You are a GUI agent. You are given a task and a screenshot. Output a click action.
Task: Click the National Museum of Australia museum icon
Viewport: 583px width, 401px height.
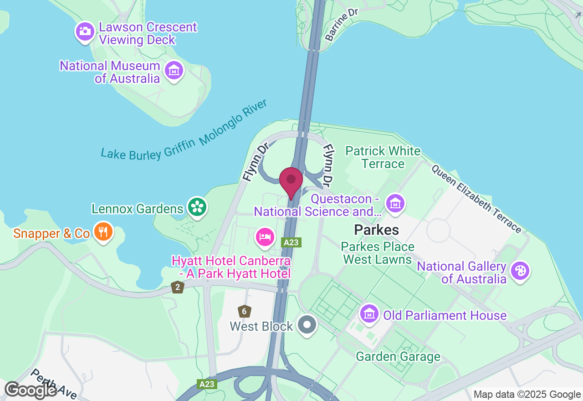click(174, 71)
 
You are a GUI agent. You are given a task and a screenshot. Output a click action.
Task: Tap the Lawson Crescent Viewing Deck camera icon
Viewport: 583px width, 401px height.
click(85, 31)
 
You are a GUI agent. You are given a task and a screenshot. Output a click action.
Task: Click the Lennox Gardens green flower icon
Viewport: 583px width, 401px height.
click(197, 207)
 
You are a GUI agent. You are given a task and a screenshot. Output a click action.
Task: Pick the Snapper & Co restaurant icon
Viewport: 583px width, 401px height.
click(103, 232)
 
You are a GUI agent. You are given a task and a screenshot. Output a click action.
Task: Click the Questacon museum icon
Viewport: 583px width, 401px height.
click(395, 203)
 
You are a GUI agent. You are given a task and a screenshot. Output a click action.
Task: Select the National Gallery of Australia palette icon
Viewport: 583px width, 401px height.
click(520, 271)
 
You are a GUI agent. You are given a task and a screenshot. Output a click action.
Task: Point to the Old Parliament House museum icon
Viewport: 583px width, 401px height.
click(369, 314)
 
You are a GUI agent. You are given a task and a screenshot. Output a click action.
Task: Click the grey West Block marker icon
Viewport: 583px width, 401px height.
click(307, 325)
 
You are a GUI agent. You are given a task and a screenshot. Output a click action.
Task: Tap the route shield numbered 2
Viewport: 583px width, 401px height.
click(177, 287)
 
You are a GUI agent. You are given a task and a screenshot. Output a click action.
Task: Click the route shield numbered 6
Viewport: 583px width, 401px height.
click(245, 312)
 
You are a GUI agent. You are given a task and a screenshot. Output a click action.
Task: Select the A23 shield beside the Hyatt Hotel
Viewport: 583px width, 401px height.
click(291, 242)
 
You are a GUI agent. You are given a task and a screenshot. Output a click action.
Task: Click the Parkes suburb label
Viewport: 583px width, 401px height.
click(377, 230)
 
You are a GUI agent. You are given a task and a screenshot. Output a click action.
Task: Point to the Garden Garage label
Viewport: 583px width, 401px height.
click(398, 356)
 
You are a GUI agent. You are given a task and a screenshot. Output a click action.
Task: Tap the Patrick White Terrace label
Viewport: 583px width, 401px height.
click(383, 157)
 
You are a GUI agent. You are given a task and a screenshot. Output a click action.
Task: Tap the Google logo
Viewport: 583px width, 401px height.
click(31, 390)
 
